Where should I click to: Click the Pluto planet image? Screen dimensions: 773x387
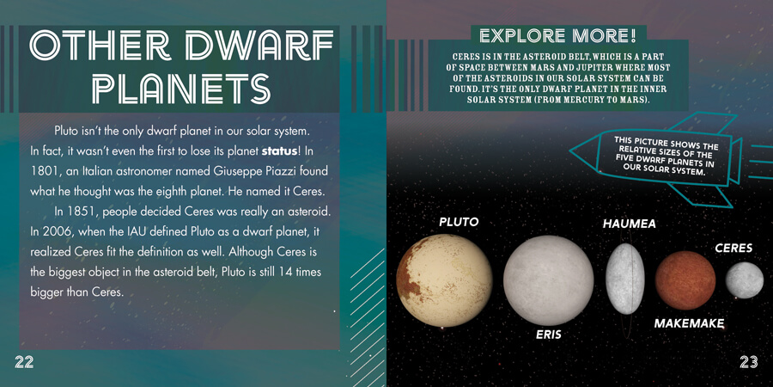point(444,280)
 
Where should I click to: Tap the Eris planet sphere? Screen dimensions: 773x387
point(548,279)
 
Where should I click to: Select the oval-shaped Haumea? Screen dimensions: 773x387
point(625,279)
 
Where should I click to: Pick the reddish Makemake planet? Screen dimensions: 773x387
point(685,280)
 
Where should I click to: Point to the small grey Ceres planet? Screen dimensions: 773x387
point(744,280)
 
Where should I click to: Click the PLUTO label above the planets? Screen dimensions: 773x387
point(459,222)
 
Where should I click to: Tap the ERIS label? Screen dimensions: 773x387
point(549,335)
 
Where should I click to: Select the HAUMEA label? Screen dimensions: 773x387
point(629,224)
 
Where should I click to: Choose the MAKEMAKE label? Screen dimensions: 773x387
point(689,324)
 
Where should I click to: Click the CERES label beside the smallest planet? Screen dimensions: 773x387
point(733,248)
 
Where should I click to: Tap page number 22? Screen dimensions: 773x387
point(24,362)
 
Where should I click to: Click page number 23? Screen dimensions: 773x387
point(748,362)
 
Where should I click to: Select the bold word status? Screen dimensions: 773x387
point(279,150)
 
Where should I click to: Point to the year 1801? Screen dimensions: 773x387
point(41,171)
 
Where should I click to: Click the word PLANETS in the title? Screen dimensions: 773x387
point(181,89)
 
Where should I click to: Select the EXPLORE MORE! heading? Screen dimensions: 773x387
point(558,35)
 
